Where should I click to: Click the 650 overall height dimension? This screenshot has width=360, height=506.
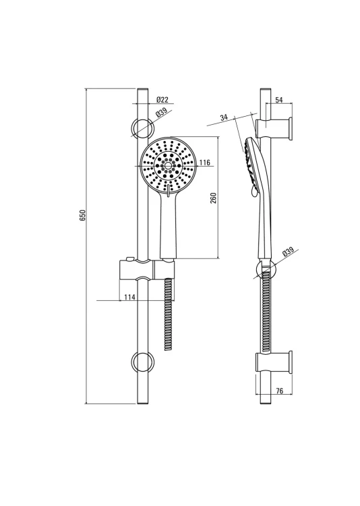(83, 215)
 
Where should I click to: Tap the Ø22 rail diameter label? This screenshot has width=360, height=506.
(162, 100)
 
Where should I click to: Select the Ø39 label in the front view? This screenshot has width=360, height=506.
(160, 113)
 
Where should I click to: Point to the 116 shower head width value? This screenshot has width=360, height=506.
(204, 163)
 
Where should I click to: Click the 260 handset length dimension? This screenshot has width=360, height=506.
(213, 198)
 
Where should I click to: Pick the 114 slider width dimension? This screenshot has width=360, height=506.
(129, 297)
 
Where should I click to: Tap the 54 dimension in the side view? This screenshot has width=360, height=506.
(279, 100)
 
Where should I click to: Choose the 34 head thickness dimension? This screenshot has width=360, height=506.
(224, 117)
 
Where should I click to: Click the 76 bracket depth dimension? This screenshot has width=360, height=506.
(280, 391)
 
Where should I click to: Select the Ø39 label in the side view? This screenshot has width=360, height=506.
(288, 252)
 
